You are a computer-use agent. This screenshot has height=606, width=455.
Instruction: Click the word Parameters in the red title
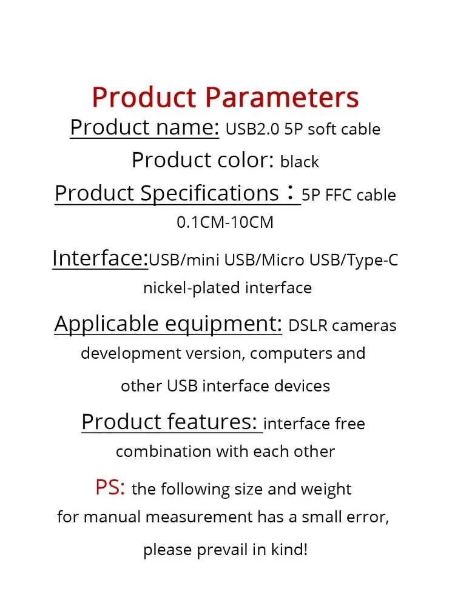[x=281, y=97]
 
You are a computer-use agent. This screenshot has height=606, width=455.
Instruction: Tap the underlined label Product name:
[x=144, y=127]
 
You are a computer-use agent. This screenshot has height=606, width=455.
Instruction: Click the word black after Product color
[x=300, y=162]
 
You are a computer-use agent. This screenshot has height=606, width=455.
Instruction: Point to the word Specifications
[x=209, y=193]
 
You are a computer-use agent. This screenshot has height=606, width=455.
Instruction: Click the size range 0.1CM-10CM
[x=225, y=222]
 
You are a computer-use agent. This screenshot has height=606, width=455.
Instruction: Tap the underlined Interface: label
[x=100, y=258]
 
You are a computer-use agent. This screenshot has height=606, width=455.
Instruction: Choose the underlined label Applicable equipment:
[x=168, y=324]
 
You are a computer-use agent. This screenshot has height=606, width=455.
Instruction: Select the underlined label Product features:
[x=170, y=422]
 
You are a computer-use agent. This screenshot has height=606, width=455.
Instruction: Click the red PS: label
[x=110, y=487]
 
